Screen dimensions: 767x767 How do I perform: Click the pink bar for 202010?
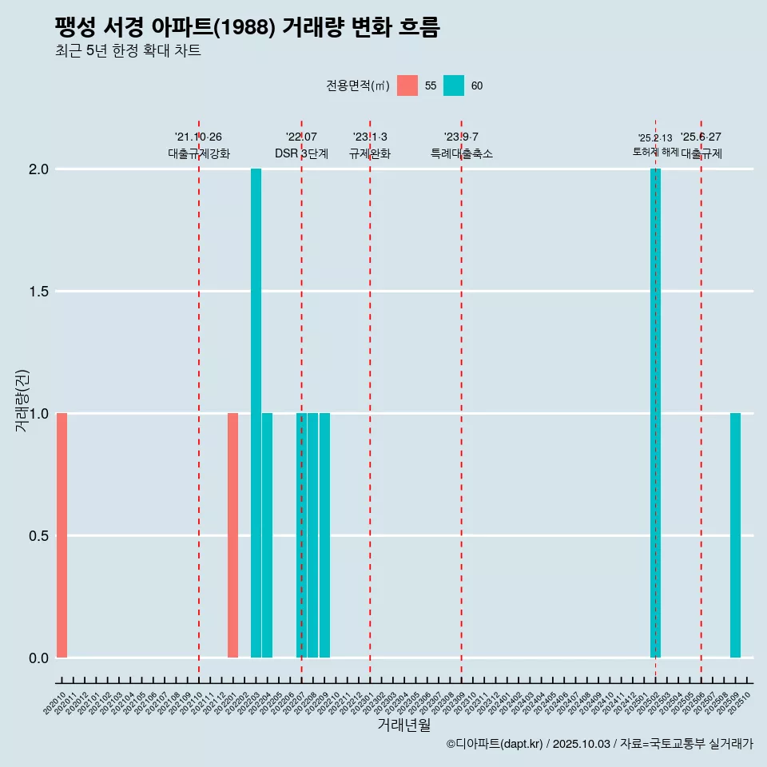(62, 535)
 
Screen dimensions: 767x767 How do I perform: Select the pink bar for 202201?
(232, 535)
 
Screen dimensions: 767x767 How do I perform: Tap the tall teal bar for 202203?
(256, 413)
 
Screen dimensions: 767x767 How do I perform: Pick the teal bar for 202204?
(267, 535)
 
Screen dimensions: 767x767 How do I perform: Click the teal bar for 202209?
(324, 535)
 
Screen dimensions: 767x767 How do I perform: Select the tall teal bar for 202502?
(655, 413)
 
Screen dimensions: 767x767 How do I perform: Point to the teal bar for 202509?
(735, 535)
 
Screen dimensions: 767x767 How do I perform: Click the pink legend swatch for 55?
(407, 85)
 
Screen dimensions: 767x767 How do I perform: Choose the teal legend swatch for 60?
(454, 85)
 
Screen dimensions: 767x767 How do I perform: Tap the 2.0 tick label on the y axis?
(39, 169)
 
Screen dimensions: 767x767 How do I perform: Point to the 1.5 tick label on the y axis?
(39, 292)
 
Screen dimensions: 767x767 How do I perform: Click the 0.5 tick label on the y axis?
(39, 536)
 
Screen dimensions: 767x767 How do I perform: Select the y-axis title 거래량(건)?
(22, 400)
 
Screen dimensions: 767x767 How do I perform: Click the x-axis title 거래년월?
(403, 725)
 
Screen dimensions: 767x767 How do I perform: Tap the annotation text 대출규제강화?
(199, 154)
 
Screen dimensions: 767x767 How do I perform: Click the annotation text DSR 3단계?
(301, 154)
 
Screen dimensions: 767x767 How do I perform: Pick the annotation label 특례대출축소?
(462, 154)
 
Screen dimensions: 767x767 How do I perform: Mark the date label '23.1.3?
(370, 137)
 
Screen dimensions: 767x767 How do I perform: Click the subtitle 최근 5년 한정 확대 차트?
(128, 51)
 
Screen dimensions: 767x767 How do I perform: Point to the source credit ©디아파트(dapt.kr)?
(495, 744)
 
